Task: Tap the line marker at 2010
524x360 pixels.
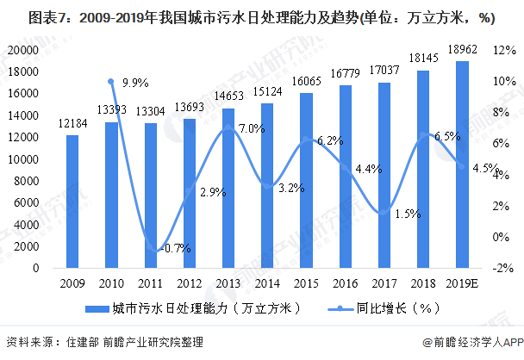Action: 111,82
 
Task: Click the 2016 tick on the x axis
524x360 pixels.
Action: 345,282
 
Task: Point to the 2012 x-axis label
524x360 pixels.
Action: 189,282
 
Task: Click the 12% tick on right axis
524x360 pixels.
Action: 502,51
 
